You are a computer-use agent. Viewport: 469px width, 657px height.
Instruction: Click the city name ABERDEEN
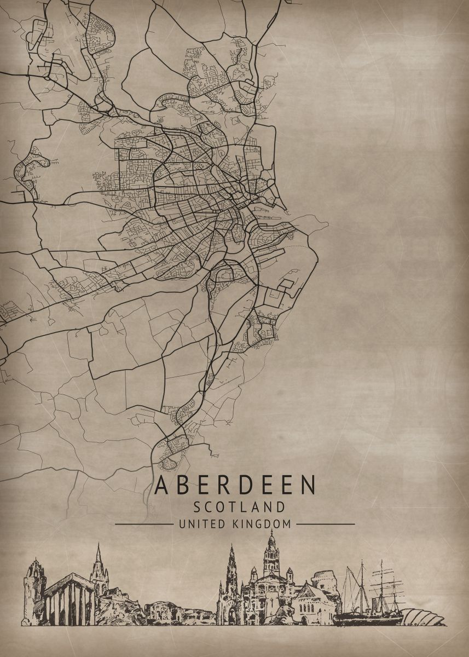pos(235,485)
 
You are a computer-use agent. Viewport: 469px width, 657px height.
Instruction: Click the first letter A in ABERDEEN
pos(161,485)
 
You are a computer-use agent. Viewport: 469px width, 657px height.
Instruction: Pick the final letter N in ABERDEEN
pos(309,485)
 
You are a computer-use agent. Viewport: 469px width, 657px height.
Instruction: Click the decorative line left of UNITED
pos(143,524)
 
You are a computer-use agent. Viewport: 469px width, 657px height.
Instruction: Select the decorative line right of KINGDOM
pos(325,524)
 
